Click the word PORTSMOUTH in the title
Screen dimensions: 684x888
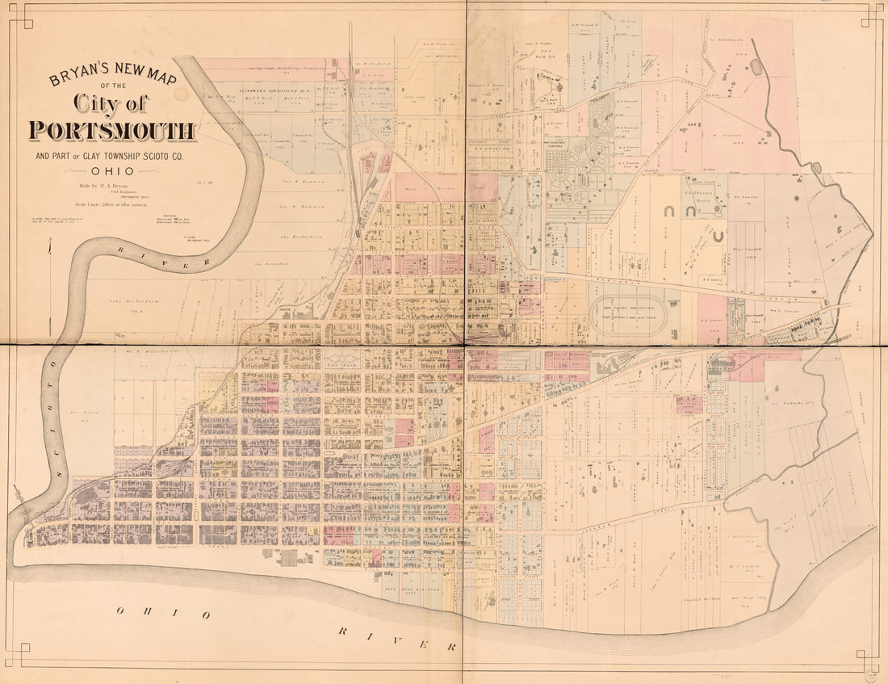point(112,131)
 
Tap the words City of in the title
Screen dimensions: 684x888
point(111,103)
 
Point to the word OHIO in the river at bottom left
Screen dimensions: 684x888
point(162,612)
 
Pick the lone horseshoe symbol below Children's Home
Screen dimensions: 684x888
point(716,237)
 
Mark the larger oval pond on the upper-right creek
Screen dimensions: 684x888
point(756,66)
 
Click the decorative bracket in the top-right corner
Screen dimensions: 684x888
point(870,14)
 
